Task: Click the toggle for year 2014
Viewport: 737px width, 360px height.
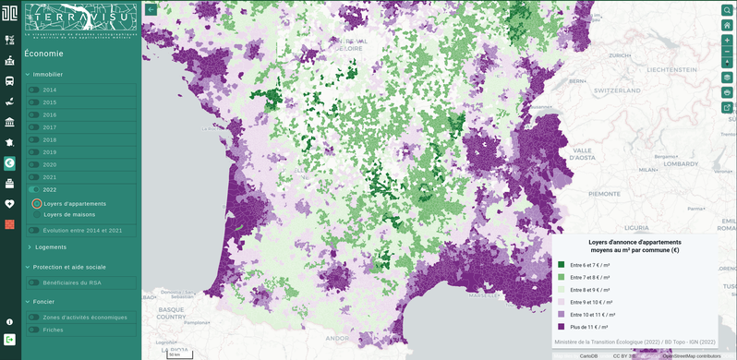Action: pos(33,90)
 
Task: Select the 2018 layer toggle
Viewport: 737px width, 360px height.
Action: pos(33,139)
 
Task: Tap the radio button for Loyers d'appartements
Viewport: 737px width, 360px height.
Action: pos(37,203)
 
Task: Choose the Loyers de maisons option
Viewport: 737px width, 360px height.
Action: pos(37,214)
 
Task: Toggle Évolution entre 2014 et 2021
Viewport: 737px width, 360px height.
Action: pos(33,230)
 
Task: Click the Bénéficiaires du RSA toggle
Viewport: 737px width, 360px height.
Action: pos(33,282)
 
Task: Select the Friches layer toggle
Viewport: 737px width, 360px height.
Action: pos(33,330)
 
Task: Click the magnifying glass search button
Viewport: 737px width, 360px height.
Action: pos(727,9)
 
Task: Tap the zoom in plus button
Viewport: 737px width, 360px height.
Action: pos(727,42)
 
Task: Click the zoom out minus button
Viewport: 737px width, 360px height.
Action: pos(727,54)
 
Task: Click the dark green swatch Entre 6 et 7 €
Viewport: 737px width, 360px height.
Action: pos(561,264)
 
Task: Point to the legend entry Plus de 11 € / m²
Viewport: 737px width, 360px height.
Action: pos(589,326)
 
